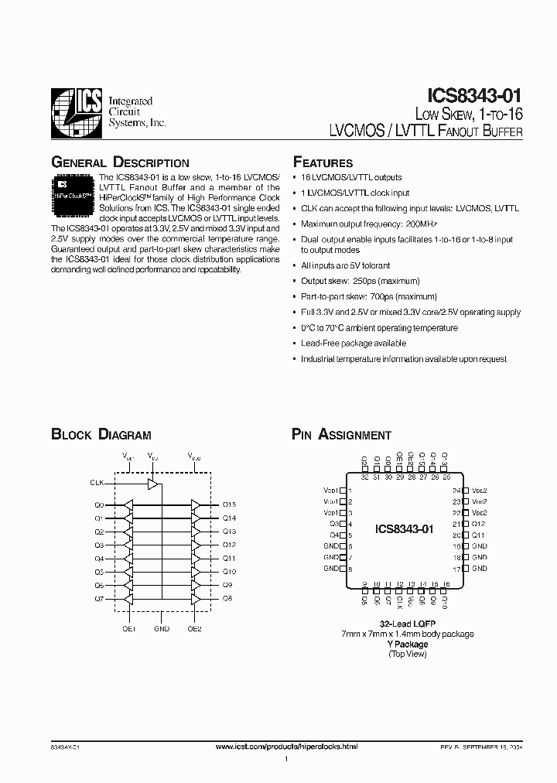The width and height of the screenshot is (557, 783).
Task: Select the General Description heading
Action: pos(120,162)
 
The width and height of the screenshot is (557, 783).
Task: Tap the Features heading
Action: pos(323,162)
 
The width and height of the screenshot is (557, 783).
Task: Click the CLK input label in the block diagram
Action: pos(97,482)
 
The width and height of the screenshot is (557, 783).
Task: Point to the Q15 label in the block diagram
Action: pos(229,504)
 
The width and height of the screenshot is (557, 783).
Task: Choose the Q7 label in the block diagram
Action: pos(99,599)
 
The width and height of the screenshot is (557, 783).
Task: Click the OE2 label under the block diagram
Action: pos(194,629)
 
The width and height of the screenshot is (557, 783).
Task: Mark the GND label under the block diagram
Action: pos(161,629)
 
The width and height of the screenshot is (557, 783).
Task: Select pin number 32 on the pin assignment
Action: pos(364,477)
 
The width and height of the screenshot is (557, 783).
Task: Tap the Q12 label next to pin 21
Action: pos(478,524)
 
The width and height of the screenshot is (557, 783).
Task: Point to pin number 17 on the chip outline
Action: pos(456,569)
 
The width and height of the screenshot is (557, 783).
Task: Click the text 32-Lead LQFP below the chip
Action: pos(406,624)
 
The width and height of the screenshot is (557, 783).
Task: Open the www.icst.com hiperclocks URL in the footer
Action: pos(286,746)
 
